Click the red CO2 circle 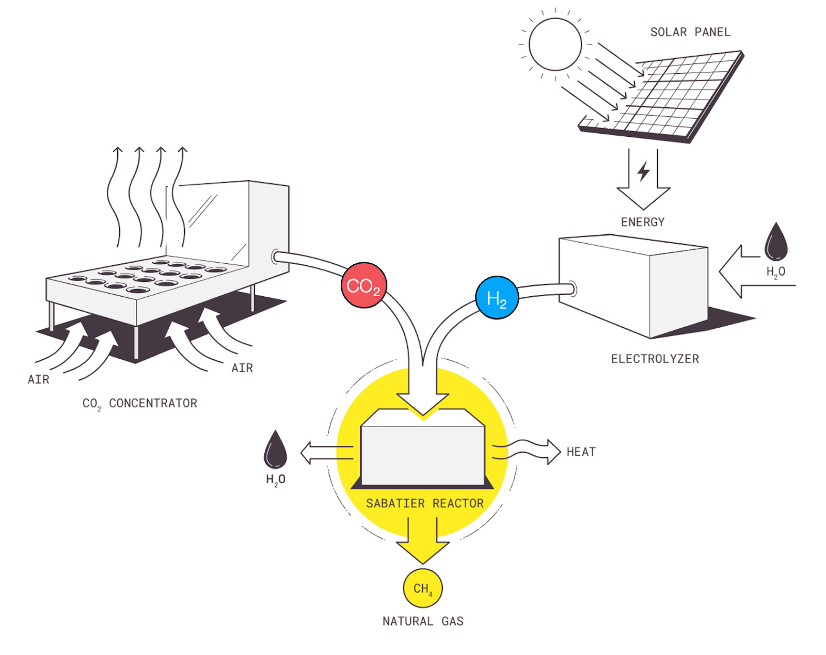click(363, 285)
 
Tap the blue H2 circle click(497, 298)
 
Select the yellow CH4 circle click(423, 588)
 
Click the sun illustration click(555, 44)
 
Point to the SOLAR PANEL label click(690, 33)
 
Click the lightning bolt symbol click(643, 171)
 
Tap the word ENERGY click(643, 222)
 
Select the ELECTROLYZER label click(655, 359)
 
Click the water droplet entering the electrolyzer click(776, 242)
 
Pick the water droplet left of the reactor click(275, 450)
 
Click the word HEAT click(581, 452)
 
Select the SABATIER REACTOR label click(424, 503)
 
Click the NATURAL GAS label click(423, 621)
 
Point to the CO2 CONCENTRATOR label click(140, 404)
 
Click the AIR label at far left click(39, 380)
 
